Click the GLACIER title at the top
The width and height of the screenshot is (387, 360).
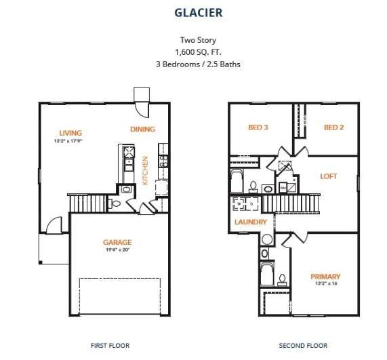(x=193, y=12)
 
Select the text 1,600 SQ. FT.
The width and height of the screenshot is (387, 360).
(x=193, y=52)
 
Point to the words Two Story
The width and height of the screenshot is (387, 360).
(x=193, y=40)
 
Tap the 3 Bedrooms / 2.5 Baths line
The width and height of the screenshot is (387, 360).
(x=193, y=64)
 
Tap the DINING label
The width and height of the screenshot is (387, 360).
(x=142, y=129)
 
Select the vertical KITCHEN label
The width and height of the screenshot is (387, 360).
(x=145, y=170)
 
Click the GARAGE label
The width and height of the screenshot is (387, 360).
(x=117, y=242)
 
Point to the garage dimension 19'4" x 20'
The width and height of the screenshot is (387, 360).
(x=117, y=249)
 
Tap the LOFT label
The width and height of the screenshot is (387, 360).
(x=329, y=176)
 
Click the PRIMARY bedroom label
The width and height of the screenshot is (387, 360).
(x=325, y=276)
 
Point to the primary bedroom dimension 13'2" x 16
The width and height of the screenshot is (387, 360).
(x=325, y=283)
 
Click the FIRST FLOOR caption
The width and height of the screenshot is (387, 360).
(x=110, y=346)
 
